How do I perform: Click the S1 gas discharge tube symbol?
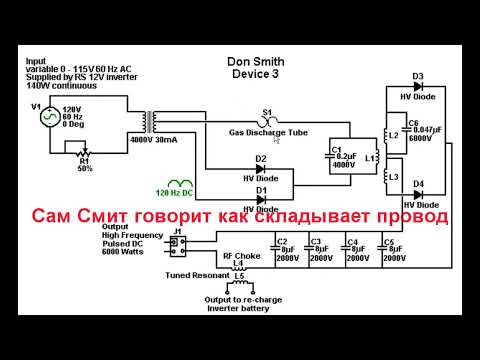(x=267, y=121)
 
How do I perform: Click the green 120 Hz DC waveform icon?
(x=181, y=182)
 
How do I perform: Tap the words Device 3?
(x=255, y=74)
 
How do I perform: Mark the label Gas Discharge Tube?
(x=269, y=132)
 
